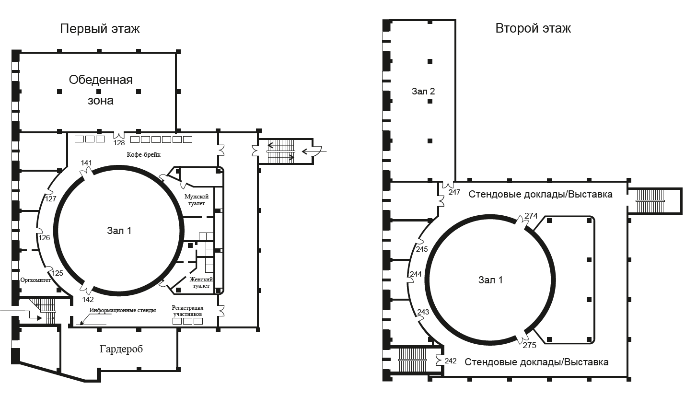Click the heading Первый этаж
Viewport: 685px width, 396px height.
100,29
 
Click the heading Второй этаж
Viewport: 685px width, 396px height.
533,28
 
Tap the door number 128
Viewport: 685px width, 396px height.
119,143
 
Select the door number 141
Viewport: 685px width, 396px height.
86,163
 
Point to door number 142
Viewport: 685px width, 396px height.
88,300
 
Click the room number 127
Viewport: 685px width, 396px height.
51,199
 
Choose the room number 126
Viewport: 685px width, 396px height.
45,238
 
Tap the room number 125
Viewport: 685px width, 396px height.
58,273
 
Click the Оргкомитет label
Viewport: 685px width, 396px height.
35,280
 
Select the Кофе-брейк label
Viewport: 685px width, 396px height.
144,155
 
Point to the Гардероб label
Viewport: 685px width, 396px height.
121,349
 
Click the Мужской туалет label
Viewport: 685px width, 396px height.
197,200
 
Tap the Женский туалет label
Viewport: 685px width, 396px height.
201,283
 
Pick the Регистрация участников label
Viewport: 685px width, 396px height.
187,311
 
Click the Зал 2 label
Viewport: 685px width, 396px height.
423,91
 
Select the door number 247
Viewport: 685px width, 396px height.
454,192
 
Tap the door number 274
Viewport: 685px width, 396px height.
531,216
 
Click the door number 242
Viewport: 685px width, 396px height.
451,361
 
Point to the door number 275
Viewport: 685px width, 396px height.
530,346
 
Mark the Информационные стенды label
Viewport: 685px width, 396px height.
123,310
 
